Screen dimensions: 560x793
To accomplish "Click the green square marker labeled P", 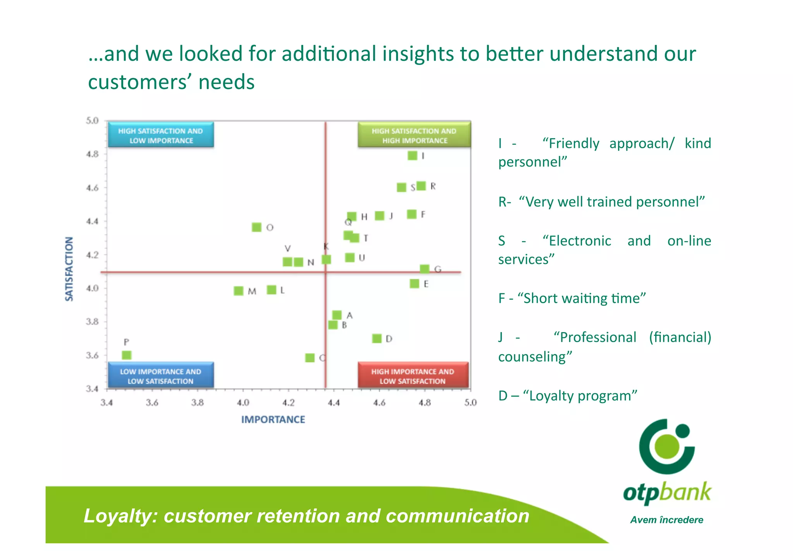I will tap(127, 355).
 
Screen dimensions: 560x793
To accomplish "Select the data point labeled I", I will tap(412, 156).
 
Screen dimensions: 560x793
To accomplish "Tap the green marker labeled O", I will tap(256, 227).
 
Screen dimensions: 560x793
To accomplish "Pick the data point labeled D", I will tap(377, 339).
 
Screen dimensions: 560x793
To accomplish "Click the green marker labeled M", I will tap(239, 291).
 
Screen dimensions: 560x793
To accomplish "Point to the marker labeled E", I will tap(414, 284).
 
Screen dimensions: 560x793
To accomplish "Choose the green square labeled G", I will tap(424, 269).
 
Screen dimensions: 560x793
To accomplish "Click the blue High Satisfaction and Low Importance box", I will tap(161, 135).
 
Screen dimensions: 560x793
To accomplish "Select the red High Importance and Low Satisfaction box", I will tap(413, 375).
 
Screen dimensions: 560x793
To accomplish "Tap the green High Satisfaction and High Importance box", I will tap(414, 135).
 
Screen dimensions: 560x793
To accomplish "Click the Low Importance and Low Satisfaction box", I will tap(161, 375).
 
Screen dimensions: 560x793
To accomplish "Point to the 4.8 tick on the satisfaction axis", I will tap(92, 154).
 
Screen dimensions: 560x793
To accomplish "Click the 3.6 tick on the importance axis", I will tap(152, 402).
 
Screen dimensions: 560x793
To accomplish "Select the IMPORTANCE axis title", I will tap(273, 420).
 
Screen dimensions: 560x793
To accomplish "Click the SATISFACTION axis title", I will tap(69, 269).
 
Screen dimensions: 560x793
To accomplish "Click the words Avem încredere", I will tap(666, 520).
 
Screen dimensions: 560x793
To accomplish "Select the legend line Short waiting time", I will tap(572, 298).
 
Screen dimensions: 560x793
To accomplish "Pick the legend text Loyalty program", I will tap(568, 396).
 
